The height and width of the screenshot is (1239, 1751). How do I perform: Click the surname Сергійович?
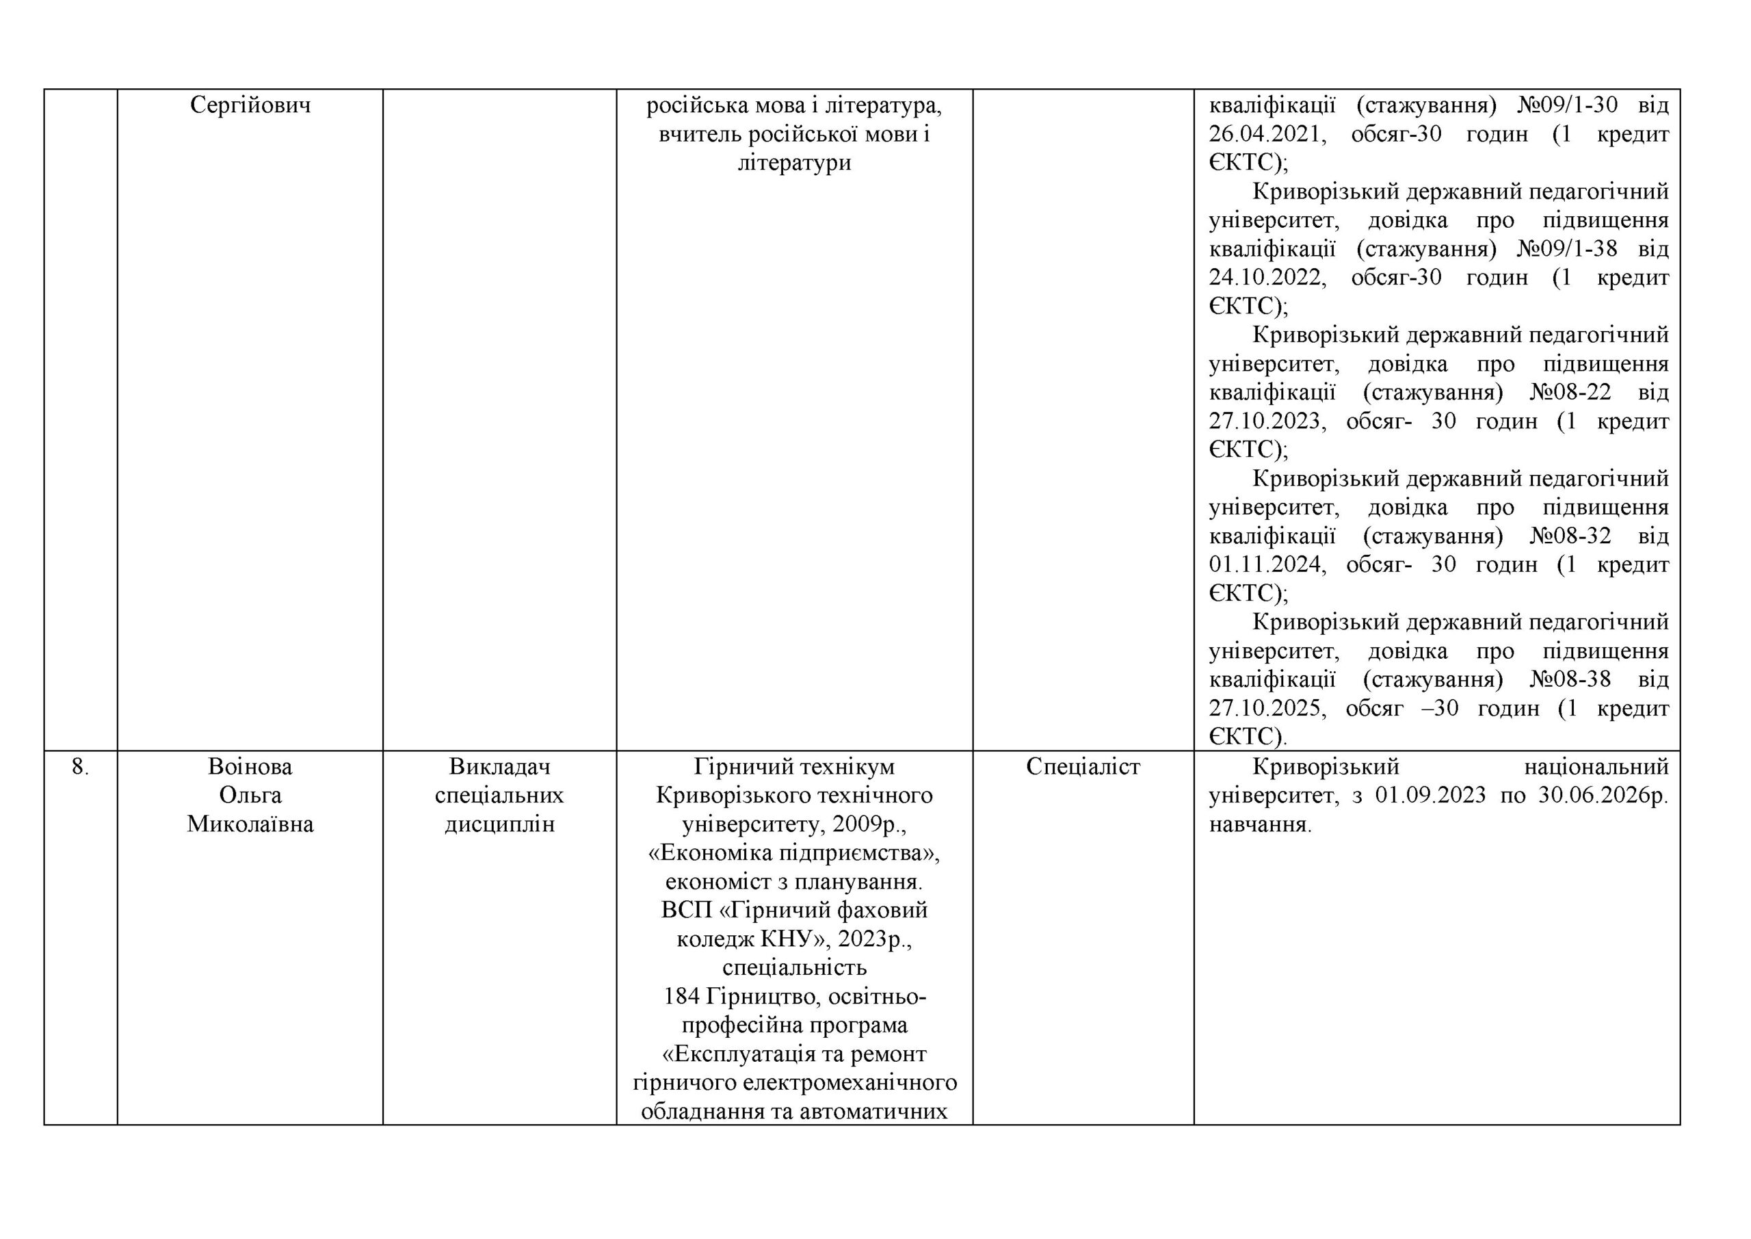tap(250, 105)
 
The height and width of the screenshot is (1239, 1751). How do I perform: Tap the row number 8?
tap(80, 768)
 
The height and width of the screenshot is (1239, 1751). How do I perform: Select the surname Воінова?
tap(250, 767)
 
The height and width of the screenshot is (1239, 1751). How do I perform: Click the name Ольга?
tap(250, 796)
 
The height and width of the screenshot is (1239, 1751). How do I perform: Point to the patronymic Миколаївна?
tap(250, 824)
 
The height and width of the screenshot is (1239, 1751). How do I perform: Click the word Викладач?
tap(499, 767)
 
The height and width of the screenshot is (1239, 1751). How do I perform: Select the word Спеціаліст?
tap(1083, 767)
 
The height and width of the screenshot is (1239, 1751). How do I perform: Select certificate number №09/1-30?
tap(1566, 105)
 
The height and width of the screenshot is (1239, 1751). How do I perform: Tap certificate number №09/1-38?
tap(1566, 249)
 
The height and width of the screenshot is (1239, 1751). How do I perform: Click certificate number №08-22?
tap(1570, 392)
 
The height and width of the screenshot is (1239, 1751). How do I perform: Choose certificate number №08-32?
tap(1570, 536)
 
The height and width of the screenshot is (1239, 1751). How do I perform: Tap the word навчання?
tap(1260, 824)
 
